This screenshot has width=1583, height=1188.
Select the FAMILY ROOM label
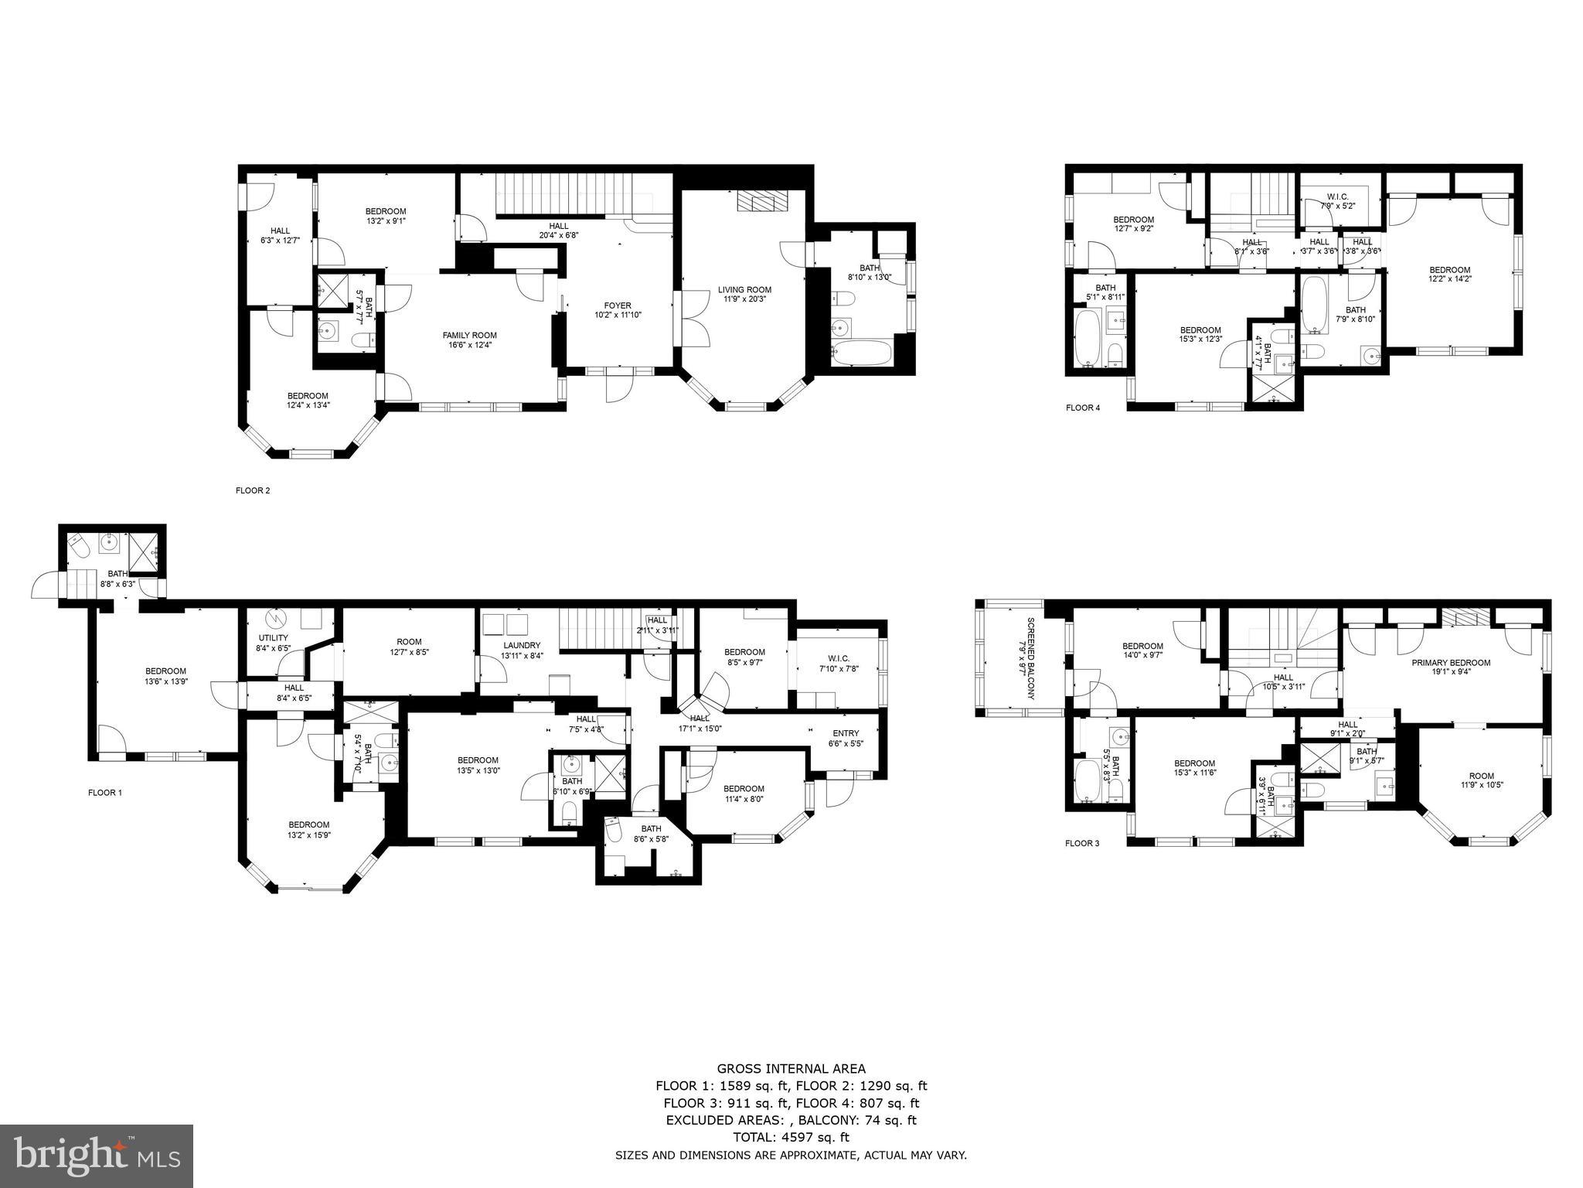click(469, 335)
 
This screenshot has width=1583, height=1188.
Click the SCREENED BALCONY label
click(1026, 658)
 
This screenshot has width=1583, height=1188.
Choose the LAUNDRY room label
click(522, 645)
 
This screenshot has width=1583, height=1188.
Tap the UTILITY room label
click(273, 638)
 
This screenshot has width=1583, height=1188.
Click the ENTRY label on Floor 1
click(846, 733)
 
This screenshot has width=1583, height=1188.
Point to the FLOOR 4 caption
click(1082, 408)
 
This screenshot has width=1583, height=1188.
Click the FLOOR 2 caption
click(253, 490)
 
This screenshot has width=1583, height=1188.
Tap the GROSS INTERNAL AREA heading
click(791, 1070)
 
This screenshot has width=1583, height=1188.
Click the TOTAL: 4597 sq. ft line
click(791, 1137)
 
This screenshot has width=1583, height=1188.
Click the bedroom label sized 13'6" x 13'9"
click(165, 671)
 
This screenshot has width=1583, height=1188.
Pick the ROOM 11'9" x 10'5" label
click(1482, 776)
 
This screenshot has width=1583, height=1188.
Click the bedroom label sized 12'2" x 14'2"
click(1449, 270)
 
